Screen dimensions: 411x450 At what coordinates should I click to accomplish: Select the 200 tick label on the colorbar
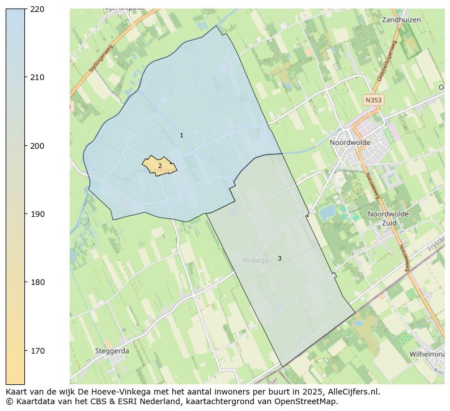[x=37, y=146]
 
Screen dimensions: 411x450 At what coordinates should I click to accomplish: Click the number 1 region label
[x=181, y=135]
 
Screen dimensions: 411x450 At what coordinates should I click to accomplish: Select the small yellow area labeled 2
[x=159, y=166]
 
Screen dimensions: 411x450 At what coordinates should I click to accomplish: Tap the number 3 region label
[x=279, y=258]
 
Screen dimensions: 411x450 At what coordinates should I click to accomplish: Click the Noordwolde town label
[x=350, y=142]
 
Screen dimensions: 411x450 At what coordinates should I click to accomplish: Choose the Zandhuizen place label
[x=401, y=19]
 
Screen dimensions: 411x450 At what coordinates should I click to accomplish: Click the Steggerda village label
[x=112, y=351]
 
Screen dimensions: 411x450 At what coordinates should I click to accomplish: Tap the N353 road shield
[x=373, y=100]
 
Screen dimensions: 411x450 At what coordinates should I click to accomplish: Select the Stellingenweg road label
[x=101, y=58]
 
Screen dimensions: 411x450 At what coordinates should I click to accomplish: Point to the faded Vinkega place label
[x=255, y=261]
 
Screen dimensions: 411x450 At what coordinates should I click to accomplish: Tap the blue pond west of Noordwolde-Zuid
[x=327, y=213]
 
